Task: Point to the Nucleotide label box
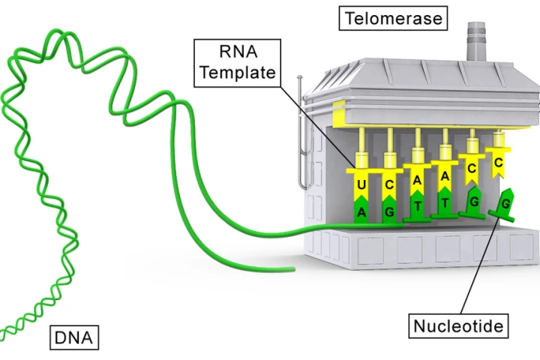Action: pos(457,326)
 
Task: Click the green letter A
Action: pos(361,212)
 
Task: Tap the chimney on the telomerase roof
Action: pos(475,40)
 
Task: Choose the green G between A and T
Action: pos(389,211)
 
